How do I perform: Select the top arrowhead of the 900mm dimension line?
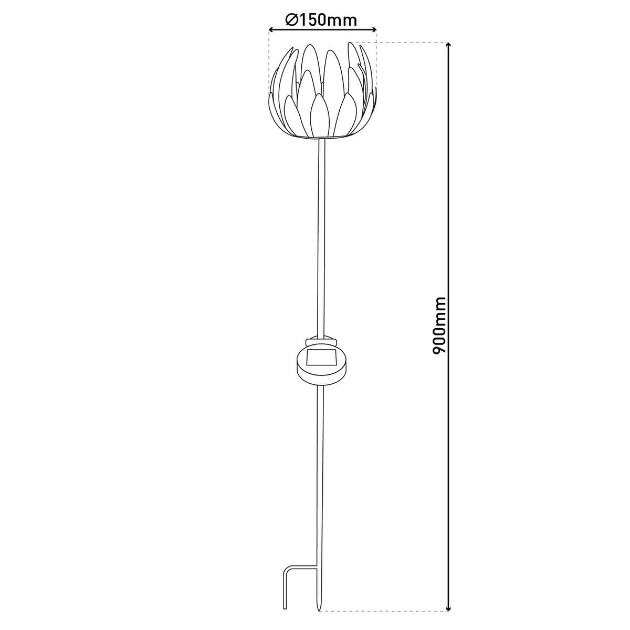[447, 46]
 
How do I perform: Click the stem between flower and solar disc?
[321, 236]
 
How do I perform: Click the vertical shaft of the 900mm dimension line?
[447, 210]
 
